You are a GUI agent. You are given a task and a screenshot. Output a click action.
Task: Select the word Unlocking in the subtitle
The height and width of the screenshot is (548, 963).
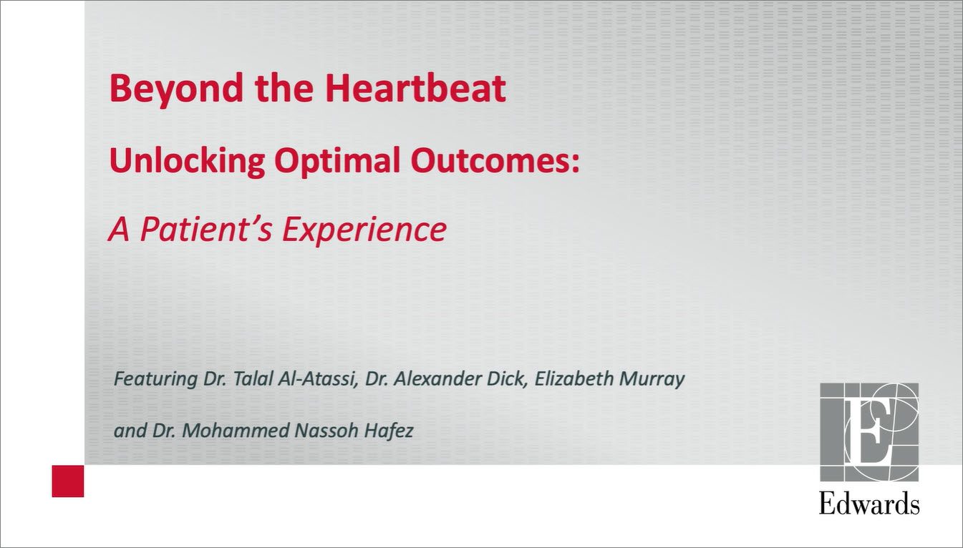pos(187,162)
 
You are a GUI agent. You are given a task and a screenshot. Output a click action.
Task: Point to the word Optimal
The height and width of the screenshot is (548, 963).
pos(337,162)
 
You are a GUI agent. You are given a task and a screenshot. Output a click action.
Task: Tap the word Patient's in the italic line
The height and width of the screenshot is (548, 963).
pos(206,230)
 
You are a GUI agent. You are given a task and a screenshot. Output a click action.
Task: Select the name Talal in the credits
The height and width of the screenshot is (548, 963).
pos(252,378)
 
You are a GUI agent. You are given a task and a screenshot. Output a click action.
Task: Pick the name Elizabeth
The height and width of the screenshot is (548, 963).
pos(574,378)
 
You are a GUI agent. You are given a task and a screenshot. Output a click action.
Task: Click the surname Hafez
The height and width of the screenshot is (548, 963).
pos(389,431)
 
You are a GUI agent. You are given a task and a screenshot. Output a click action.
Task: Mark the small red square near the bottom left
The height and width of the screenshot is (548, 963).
pos(68,481)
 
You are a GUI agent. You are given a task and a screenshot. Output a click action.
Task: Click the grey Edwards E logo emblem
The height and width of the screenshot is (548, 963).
pos(869,432)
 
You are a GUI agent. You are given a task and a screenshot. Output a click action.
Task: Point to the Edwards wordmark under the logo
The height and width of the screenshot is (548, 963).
pos(869,503)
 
